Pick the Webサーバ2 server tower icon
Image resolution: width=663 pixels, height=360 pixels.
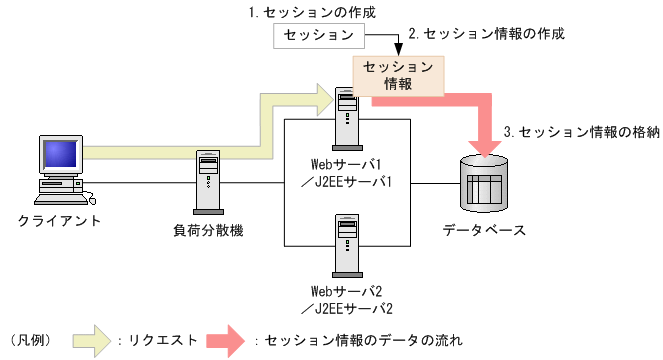[x=347, y=244]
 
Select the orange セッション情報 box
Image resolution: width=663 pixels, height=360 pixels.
[x=397, y=75]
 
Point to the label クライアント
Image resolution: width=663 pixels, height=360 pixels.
[x=60, y=219]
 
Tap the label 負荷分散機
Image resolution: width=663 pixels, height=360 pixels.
[x=208, y=231]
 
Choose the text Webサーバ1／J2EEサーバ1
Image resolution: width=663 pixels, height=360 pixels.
[x=347, y=171]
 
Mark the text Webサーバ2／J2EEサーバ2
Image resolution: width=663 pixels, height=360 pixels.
[x=347, y=299]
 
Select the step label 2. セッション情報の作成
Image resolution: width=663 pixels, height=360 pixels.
[x=487, y=33]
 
